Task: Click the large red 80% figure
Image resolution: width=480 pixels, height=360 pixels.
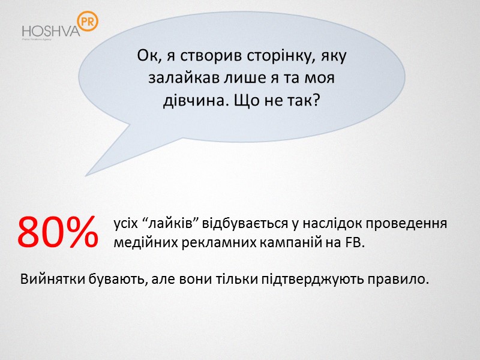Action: pos(58,233)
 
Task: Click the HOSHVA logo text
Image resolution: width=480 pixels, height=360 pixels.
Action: pos(50,31)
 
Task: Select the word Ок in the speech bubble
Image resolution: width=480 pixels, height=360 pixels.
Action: pos(146,56)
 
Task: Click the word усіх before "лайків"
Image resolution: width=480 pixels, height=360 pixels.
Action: pos(125,224)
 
